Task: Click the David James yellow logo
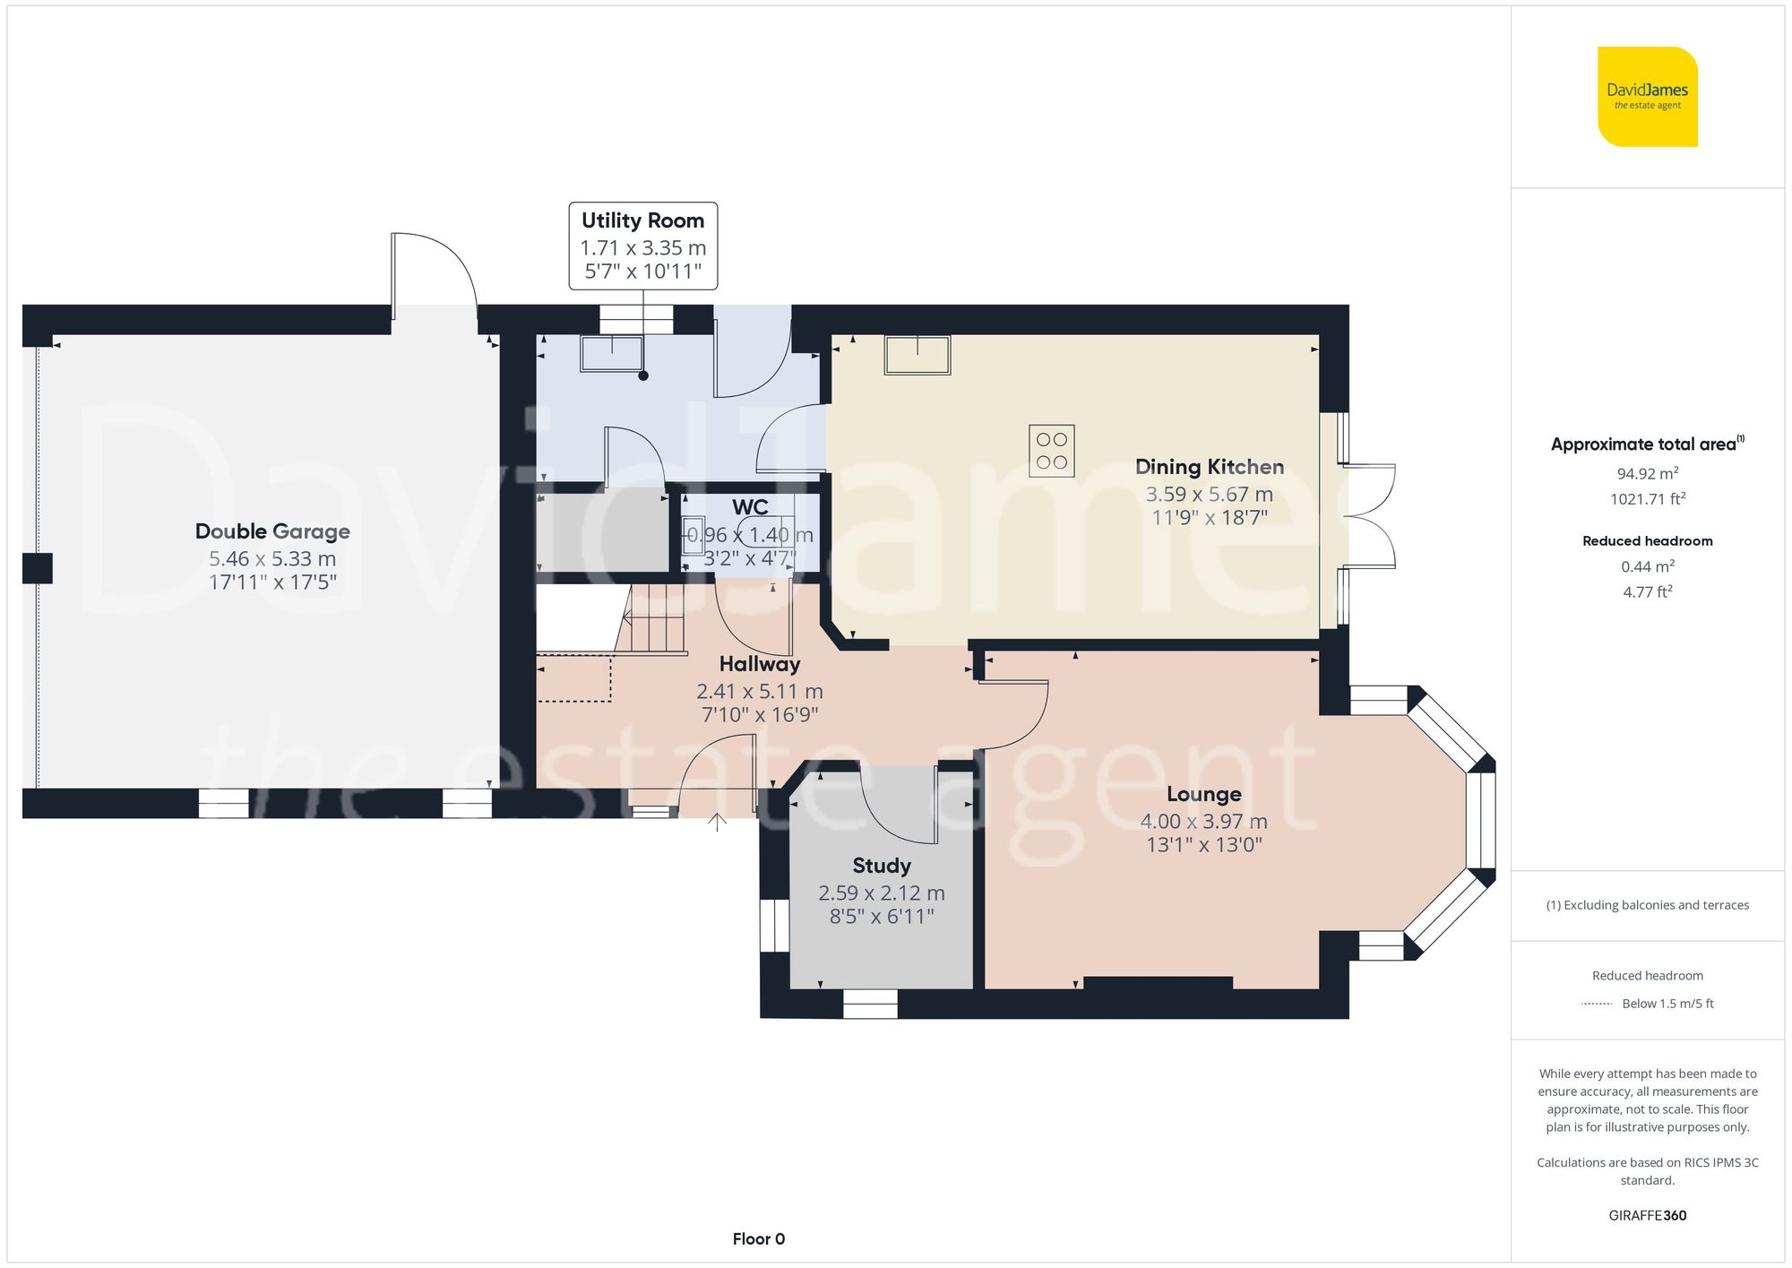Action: click(1647, 97)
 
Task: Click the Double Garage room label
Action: click(272, 531)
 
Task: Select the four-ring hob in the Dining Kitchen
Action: click(1051, 451)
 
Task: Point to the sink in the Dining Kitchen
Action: click(918, 355)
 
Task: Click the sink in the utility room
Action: click(612, 353)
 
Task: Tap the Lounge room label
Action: click(1203, 794)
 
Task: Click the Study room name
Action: click(881, 866)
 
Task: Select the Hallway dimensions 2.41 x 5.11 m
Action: click(759, 691)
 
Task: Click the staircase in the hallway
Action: click(654, 618)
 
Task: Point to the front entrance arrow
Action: click(717, 822)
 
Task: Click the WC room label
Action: click(750, 507)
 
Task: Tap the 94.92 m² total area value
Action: click(1647, 473)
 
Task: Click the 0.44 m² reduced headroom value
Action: click(1647, 566)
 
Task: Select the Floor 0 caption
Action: click(758, 1238)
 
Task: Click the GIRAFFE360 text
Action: click(1647, 1215)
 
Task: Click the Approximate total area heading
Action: click(1647, 444)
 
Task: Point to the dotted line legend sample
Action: click(1597, 1004)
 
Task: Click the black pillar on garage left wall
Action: click(38, 568)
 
